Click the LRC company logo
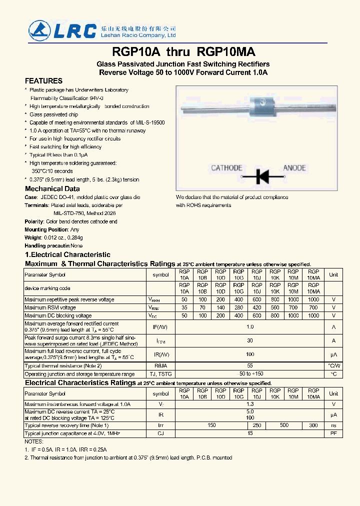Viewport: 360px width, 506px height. [x=62, y=30]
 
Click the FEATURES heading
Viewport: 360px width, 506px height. [x=44, y=81]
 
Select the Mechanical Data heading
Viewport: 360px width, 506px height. [x=52, y=189]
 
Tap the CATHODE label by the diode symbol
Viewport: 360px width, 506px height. [x=226, y=168]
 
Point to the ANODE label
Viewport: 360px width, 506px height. [x=294, y=168]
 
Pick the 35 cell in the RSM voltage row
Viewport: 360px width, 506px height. [x=184, y=308]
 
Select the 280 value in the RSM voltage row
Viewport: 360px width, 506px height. [x=238, y=308]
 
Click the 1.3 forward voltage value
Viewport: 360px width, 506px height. [x=249, y=404]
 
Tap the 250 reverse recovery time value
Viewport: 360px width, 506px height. [x=256, y=425]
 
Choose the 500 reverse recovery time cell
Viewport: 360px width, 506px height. [x=284, y=425]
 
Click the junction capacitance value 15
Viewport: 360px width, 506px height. [x=249, y=433]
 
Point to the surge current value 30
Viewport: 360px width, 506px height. [x=249, y=340]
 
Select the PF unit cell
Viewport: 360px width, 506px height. [x=333, y=433]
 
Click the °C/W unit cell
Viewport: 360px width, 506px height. [x=333, y=366]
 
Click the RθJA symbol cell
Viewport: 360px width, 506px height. [x=160, y=366]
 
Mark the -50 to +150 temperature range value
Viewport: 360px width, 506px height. [x=249, y=374]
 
